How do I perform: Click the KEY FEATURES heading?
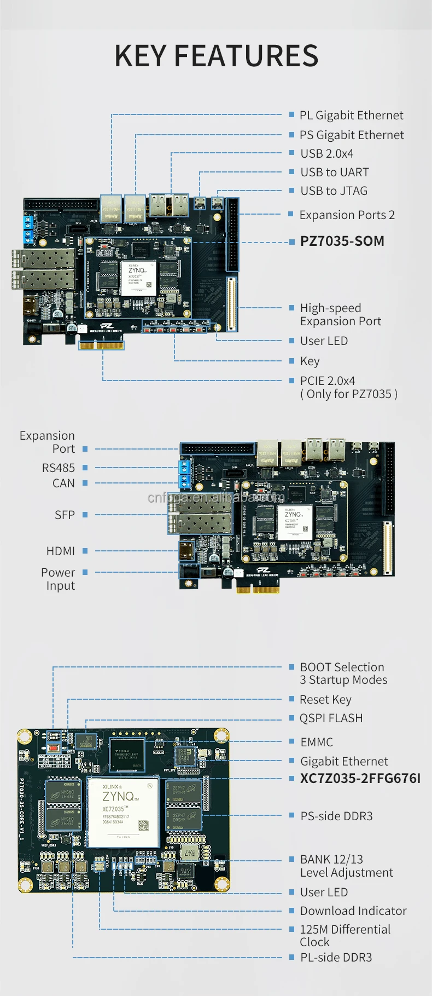[216, 56]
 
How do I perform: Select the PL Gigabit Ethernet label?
[351, 115]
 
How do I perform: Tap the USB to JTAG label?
[334, 191]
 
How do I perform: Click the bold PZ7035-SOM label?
[342, 241]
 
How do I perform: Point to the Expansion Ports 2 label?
[347, 215]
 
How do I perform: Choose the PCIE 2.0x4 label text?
[327, 381]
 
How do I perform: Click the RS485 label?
[58, 468]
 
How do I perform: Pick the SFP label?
[65, 515]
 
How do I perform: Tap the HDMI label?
[60, 551]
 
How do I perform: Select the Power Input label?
[59, 579]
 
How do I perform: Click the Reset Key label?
[325, 699]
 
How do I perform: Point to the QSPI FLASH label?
[331, 718]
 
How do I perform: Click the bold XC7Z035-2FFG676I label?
[360, 778]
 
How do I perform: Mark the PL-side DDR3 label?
[336, 957]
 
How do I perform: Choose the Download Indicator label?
[353, 911]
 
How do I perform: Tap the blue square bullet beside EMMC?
[292, 741]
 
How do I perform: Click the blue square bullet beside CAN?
[85, 483]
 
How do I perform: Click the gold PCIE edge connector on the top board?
[102, 345]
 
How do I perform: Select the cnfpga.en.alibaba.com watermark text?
[216, 498]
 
